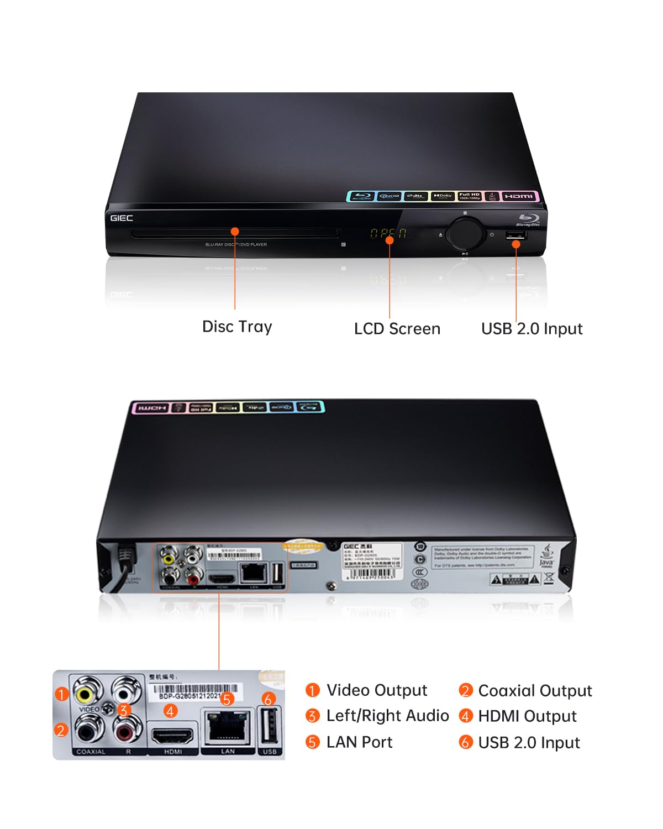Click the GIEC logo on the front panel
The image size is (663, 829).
click(122, 218)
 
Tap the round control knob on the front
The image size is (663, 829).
click(466, 234)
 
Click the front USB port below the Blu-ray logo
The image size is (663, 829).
click(515, 235)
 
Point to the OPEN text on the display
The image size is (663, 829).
click(388, 234)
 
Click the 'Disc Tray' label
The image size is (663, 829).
click(237, 327)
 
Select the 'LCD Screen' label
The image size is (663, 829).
click(397, 329)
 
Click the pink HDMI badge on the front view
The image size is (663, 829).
click(519, 196)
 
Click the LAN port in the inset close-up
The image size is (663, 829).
click(228, 729)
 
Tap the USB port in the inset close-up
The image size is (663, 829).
click(270, 728)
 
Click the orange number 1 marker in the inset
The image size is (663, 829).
click(62, 694)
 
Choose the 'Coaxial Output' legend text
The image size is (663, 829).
click(535, 691)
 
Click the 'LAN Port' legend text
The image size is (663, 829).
click(359, 742)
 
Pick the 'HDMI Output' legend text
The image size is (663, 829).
click(527, 716)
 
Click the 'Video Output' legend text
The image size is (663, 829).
click(377, 690)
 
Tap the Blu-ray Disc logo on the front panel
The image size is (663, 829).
click(528, 219)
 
